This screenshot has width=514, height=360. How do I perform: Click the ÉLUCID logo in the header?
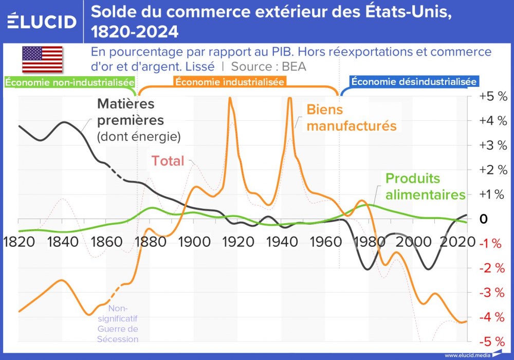pyautogui.click(x=42, y=21)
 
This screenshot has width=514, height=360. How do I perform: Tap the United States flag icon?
pyautogui.click(x=42, y=59)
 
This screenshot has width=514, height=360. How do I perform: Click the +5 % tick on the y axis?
pyautogui.click(x=492, y=96)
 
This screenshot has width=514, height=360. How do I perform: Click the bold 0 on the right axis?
pyautogui.click(x=483, y=219)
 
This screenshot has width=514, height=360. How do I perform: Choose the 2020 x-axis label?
pyautogui.click(x=456, y=242)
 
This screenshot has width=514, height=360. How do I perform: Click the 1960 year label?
pyautogui.click(x=325, y=242)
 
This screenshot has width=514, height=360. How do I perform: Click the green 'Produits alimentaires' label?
pyautogui.click(x=425, y=186)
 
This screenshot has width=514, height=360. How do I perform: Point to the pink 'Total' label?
pyautogui.click(x=168, y=161)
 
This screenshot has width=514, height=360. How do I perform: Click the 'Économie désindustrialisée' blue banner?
pyautogui.click(x=414, y=82)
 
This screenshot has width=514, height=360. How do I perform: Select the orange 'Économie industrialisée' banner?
pyautogui.click(x=230, y=82)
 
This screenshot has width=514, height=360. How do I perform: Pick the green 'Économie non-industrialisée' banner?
pyautogui.click(x=70, y=82)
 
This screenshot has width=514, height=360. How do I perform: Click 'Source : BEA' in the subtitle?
pyautogui.click(x=268, y=66)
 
